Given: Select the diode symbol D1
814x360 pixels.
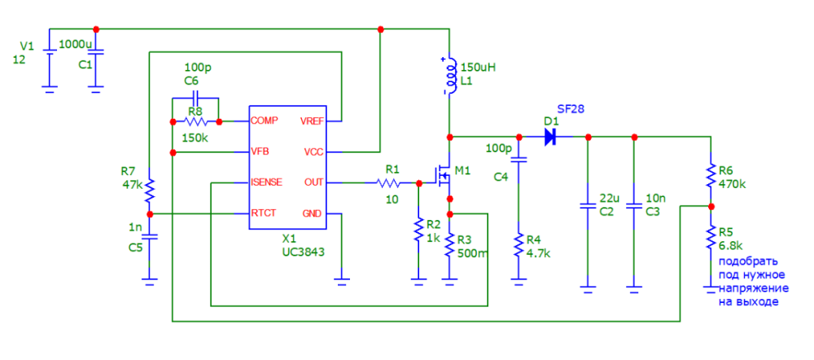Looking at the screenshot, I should tap(550, 137).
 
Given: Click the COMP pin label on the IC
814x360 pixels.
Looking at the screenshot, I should tap(265, 121).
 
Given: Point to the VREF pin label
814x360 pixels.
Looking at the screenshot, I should tap(312, 121).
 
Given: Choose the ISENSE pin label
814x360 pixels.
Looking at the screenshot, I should tap(267, 182).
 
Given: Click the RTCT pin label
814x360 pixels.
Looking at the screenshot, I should tap(265, 213).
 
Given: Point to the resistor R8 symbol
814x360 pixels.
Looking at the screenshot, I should tap(195, 121).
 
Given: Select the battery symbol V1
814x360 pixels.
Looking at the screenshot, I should tap(50, 58).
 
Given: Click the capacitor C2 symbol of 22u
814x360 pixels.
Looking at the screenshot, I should tap(586, 206).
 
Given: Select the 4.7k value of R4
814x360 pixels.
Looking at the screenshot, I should tap(539, 253).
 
